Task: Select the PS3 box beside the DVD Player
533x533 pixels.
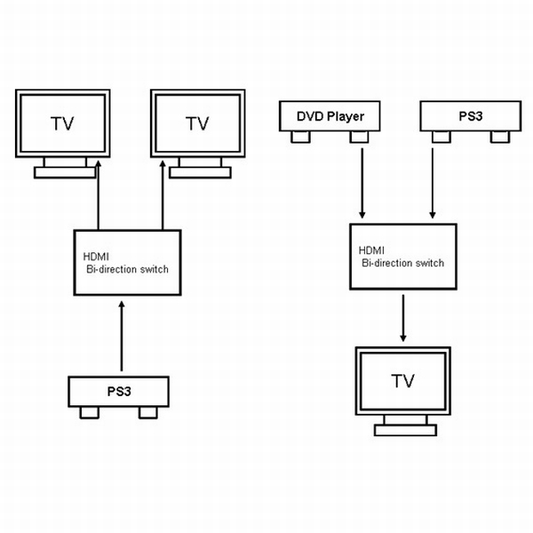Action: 468,116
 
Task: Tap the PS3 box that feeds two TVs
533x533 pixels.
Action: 119,392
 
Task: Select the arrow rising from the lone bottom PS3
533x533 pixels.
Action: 122,338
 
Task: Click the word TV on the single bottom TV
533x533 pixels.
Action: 403,381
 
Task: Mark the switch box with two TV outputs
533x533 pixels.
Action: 126,263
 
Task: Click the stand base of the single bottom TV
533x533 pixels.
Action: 405,431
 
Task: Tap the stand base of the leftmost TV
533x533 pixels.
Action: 64,172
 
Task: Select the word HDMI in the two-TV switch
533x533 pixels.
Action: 92,257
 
